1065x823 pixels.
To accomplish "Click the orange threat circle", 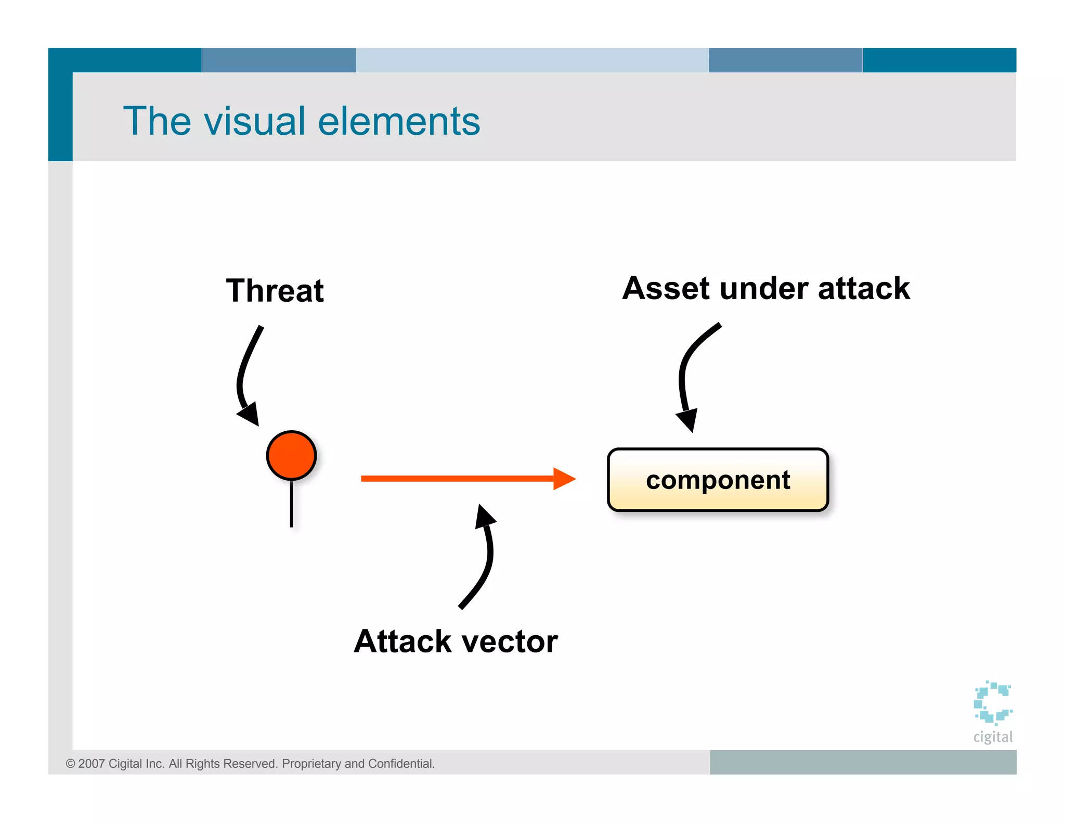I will click(291, 455).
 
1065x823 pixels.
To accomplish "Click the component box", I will click(718, 480).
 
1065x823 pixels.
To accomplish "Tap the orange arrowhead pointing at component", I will click(565, 479).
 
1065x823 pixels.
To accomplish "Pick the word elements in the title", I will click(399, 121).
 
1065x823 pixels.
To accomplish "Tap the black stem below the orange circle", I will click(291, 504).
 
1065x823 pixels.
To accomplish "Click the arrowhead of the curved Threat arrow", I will click(250, 414).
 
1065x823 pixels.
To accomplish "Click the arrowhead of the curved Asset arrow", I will click(688, 419).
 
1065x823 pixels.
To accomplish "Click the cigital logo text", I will click(993, 737).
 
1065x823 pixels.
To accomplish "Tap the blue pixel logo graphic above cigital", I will click(993, 702).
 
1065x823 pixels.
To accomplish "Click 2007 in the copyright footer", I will click(92, 764).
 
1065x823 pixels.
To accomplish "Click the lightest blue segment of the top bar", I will click(532, 60).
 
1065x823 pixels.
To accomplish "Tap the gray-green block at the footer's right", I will click(862, 762).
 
